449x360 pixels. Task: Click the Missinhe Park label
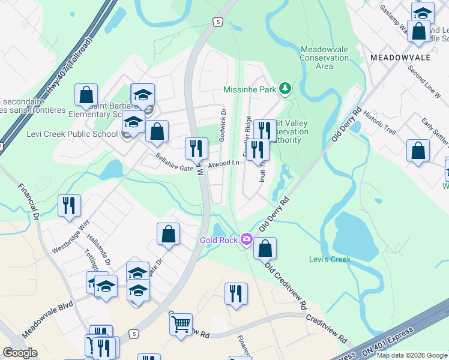click(250, 89)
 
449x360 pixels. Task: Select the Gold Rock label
click(219, 241)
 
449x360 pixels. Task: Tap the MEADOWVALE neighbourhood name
click(400, 57)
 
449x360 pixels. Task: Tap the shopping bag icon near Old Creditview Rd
click(265, 248)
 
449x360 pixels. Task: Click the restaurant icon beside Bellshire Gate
click(195, 148)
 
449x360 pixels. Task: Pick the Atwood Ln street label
click(224, 164)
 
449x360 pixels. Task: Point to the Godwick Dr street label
click(222, 124)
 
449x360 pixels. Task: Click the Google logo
click(20, 352)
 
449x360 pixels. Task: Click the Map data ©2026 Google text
click(412, 355)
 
